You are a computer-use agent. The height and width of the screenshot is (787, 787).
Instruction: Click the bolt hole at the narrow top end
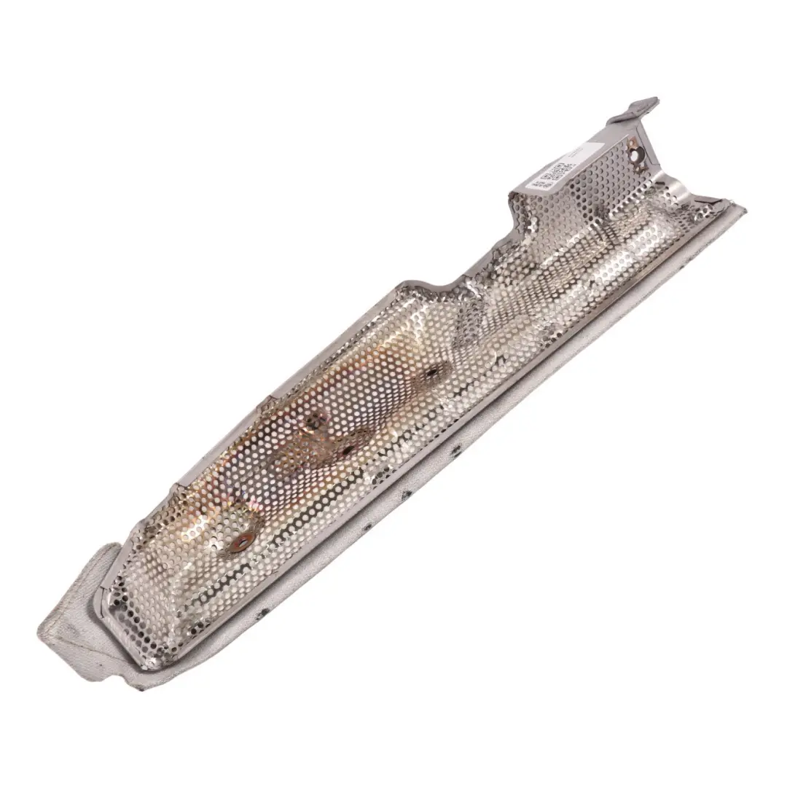[x=639, y=155]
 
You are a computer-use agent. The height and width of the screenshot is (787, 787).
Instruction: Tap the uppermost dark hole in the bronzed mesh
[x=431, y=373]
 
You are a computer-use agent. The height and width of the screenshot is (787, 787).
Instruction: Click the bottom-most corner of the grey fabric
[x=143, y=687]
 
